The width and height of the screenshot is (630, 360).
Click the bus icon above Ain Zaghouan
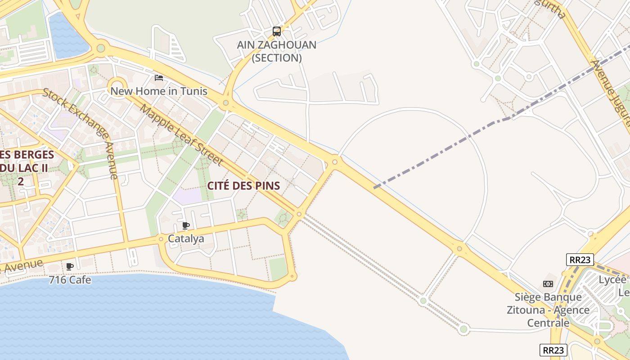pyautogui.click(x=277, y=31)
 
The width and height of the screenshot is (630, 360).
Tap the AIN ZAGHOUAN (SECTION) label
pyautogui.click(x=277, y=51)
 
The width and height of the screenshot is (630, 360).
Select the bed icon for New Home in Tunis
pyautogui.click(x=159, y=78)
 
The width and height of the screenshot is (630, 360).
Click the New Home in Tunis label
pyautogui.click(x=159, y=91)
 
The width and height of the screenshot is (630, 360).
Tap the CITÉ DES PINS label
pyautogui.click(x=243, y=185)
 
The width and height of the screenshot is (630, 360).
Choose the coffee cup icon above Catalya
pyautogui.click(x=186, y=225)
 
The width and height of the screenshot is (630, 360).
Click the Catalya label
pyautogui.click(x=186, y=238)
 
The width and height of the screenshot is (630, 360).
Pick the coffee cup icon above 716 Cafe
pyautogui.click(x=70, y=267)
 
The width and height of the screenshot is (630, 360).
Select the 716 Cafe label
pyautogui.click(x=70, y=280)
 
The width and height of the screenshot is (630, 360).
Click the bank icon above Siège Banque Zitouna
pyautogui.click(x=548, y=284)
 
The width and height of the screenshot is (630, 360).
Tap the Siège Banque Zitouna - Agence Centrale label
pyautogui.click(x=548, y=310)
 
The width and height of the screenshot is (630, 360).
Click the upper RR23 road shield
pyautogui.click(x=580, y=260)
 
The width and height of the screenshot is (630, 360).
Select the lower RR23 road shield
pyautogui.click(x=553, y=350)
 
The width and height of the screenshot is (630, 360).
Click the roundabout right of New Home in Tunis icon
pyautogui.click(x=225, y=103)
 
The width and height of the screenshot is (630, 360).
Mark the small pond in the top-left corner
pyautogui.click(x=67, y=36)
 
